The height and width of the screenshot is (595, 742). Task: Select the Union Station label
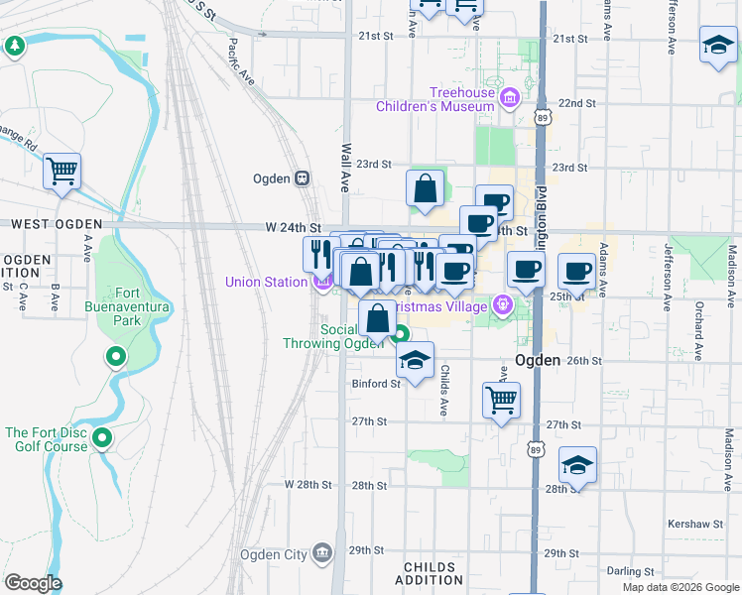coord(266,282)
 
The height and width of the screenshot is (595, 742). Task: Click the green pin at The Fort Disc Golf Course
coord(102,437)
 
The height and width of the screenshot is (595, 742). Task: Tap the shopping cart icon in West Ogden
coord(62,172)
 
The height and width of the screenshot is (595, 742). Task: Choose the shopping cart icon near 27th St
coord(501,401)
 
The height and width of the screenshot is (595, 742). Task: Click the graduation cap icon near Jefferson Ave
coord(717,45)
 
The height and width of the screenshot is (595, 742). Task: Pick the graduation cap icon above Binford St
coord(415,359)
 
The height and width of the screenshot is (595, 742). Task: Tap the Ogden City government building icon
coord(321,552)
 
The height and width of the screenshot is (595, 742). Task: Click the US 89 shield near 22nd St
coord(542,117)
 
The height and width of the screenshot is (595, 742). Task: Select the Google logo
coord(33,583)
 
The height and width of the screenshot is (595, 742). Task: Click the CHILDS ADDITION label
coord(431,575)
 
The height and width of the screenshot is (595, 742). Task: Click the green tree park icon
coord(15,46)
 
